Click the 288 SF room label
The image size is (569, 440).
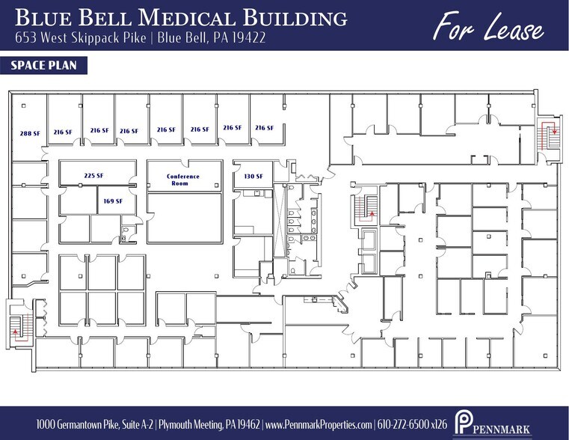point(30,132)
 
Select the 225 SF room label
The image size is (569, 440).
point(93,176)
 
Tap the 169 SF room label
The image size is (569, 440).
point(113,201)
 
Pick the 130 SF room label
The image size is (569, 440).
point(253,176)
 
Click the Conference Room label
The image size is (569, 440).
point(183,180)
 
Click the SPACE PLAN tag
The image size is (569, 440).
point(44,66)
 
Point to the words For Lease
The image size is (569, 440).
point(488,28)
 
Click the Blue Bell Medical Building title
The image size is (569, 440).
point(180,18)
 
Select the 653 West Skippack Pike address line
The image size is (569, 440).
point(140,37)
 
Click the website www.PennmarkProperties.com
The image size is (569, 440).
point(319,425)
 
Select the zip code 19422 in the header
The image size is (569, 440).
point(251,37)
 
